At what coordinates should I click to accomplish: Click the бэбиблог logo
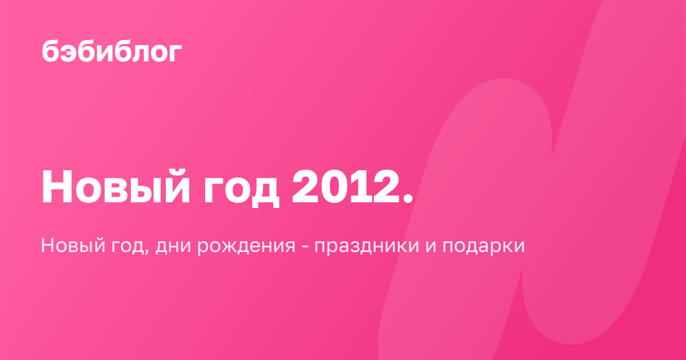(x=112, y=51)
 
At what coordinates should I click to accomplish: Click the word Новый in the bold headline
(x=115, y=187)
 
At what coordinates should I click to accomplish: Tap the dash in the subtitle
(x=305, y=247)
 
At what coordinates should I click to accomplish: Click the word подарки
(x=484, y=246)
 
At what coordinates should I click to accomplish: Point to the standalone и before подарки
(x=431, y=247)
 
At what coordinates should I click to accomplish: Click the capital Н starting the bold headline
(x=57, y=186)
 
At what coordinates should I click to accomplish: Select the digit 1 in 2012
(x=361, y=186)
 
